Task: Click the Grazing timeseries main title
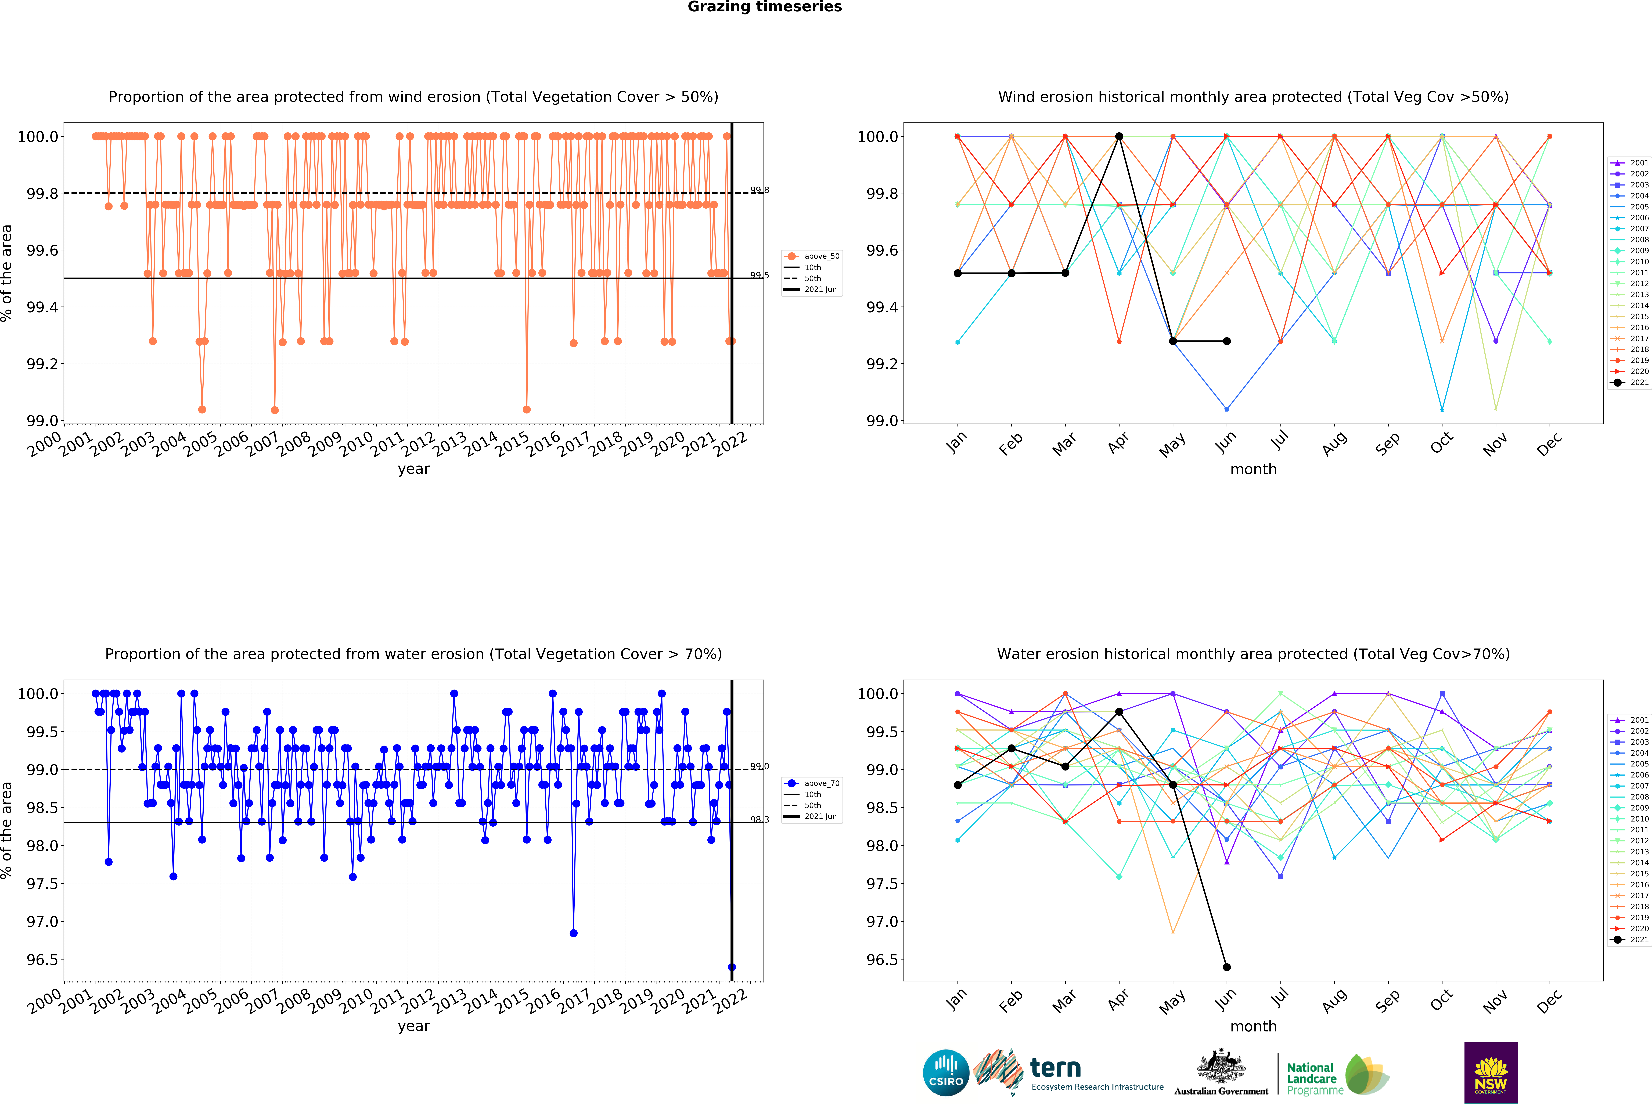(x=764, y=7)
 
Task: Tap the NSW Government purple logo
(x=1491, y=1073)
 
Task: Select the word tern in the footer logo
(x=1056, y=1068)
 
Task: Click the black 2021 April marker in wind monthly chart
(x=1119, y=136)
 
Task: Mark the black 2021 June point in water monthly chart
(x=1226, y=967)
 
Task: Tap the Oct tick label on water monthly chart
(x=1441, y=1000)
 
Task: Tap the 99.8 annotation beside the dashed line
(x=759, y=190)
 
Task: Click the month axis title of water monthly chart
(x=1253, y=1027)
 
